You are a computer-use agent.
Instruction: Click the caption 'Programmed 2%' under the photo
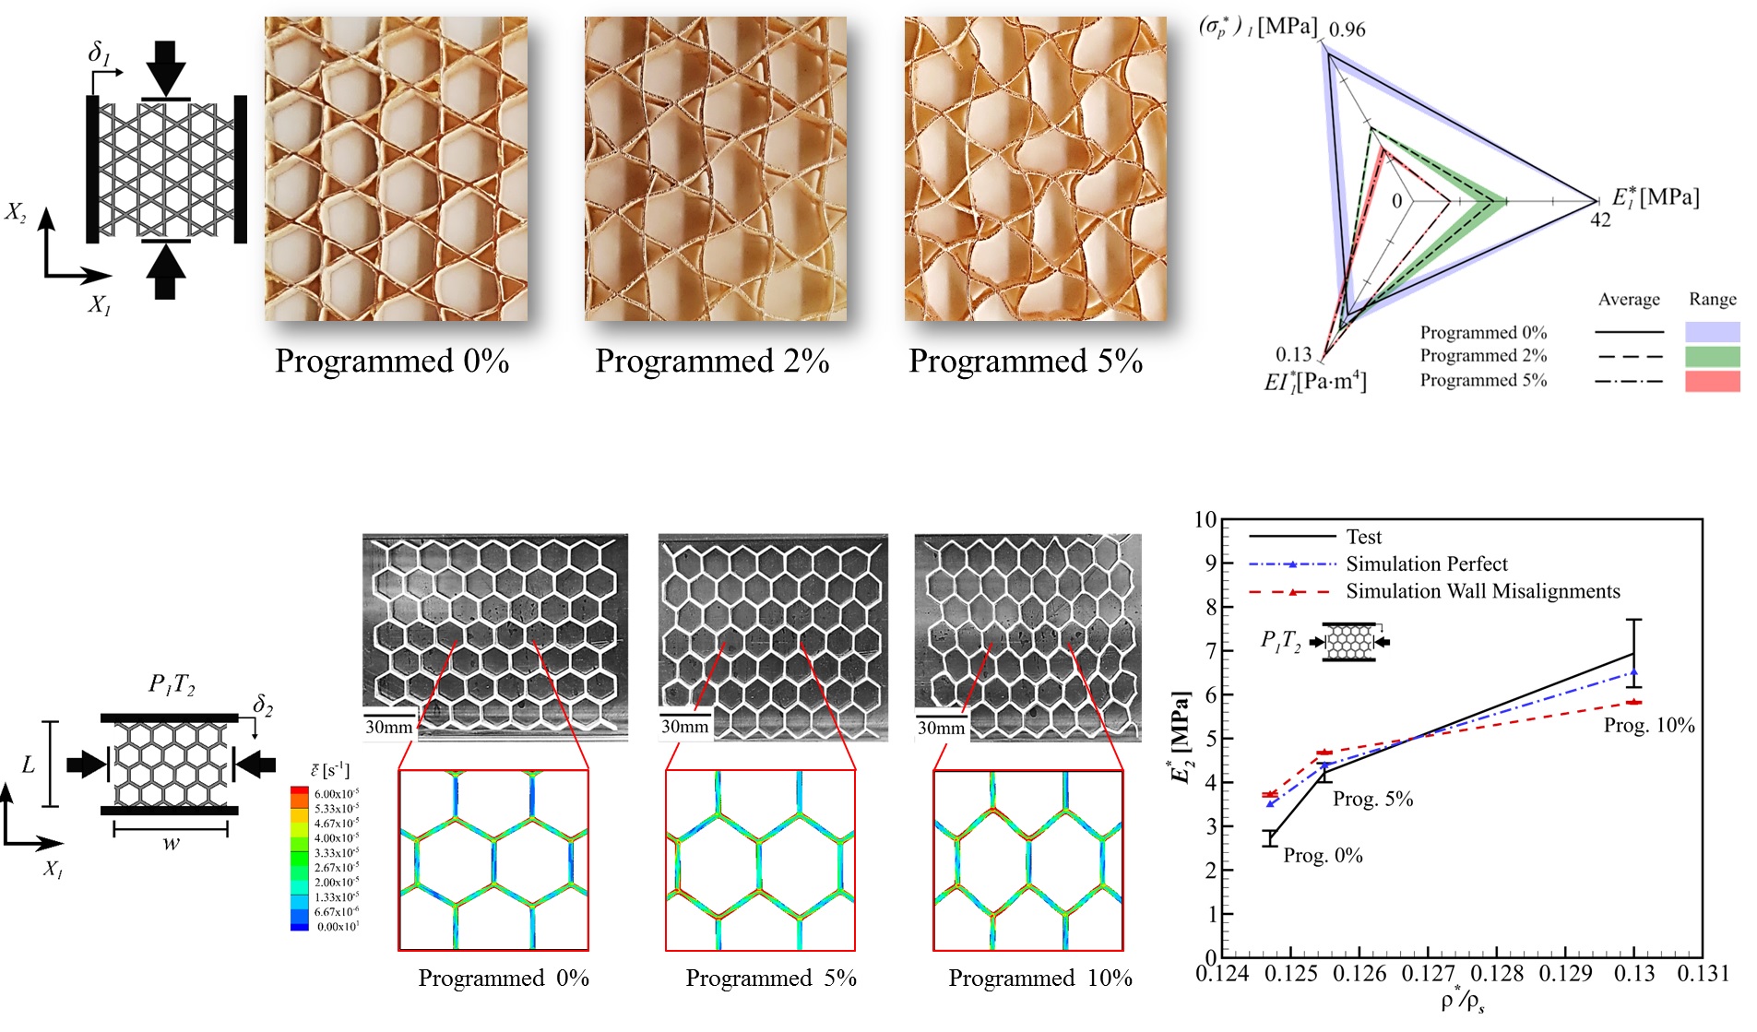712,361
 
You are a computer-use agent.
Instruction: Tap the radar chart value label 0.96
1347,30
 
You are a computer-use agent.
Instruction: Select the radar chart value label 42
1600,220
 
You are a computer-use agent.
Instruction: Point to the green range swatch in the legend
1712,357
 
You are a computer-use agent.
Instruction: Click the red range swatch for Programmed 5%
1712,381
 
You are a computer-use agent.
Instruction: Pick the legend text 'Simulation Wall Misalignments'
1482,591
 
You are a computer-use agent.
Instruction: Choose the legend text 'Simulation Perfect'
1426,563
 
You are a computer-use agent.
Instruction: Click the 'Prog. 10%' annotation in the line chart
1648,726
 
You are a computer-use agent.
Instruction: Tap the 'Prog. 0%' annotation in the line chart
1323,856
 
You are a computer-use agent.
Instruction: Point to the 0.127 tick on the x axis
1428,974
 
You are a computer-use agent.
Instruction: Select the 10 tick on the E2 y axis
1205,520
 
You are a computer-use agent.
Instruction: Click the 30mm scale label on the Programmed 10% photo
941,728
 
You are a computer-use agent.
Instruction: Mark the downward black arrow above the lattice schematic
166,67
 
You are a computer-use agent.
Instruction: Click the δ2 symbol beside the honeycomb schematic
263,706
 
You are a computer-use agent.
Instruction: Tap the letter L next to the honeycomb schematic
29,765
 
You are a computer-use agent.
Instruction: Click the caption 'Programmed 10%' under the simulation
1039,979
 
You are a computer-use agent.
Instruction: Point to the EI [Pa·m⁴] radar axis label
1314,382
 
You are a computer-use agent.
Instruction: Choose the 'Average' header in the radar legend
1628,300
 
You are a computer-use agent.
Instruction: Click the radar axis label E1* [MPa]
1655,197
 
